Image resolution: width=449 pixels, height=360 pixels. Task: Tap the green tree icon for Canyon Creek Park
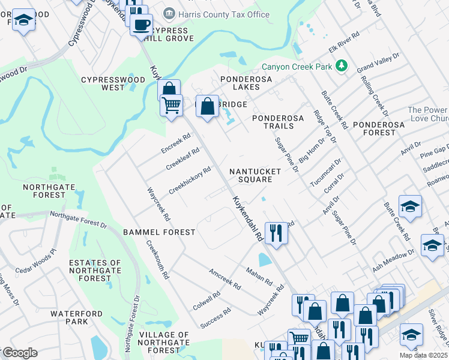click(342, 65)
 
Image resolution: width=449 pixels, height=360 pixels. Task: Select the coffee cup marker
click(141, 25)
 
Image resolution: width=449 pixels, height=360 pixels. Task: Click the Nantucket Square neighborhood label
click(255, 175)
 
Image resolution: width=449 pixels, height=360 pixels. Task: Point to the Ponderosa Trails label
click(281, 122)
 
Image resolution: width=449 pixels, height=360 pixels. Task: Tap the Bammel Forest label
click(159, 232)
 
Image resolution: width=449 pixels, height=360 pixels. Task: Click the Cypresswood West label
click(113, 83)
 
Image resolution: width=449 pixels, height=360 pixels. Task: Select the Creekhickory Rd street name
click(190, 180)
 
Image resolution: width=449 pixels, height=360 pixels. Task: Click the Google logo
click(19, 353)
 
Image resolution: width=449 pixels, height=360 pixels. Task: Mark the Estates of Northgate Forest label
click(95, 270)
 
